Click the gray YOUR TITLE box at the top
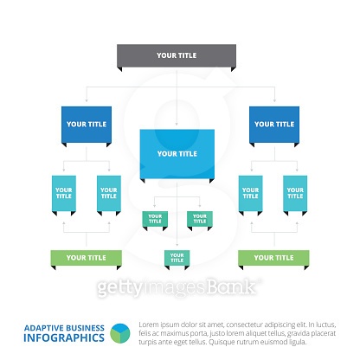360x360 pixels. tap(177, 55)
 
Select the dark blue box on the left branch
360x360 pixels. tap(85, 124)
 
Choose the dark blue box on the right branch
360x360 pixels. tap(273, 124)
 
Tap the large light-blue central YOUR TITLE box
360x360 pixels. tap(177, 153)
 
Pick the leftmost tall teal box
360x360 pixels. tap(63, 193)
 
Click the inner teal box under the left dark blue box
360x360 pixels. tap(108, 193)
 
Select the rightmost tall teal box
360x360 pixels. tap(295, 193)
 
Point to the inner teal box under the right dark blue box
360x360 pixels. tap(250, 193)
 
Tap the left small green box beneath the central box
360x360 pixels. tap(154, 218)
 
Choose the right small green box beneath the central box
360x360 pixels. tap(200, 218)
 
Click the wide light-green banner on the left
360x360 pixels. tap(86, 257)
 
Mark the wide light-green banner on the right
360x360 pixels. tap(273, 257)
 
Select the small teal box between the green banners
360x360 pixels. tap(177, 257)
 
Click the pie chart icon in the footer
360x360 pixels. tap(121, 335)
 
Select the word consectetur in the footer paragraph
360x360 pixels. tap(242, 325)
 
